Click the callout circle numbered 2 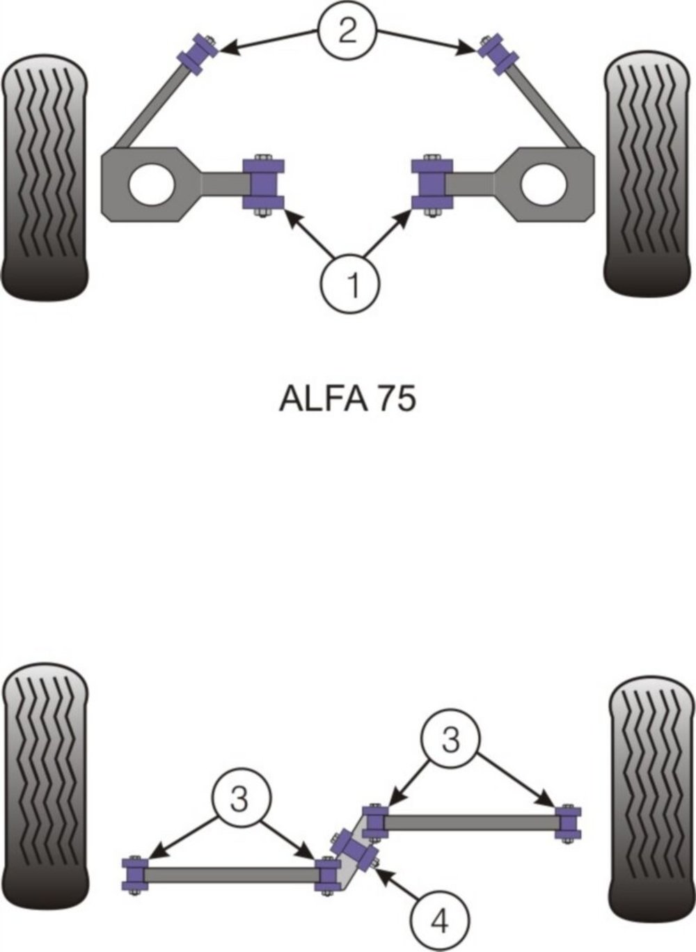[x=347, y=33]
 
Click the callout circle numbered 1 [x=350, y=284]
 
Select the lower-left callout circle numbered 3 [x=241, y=798]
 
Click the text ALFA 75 [x=347, y=399]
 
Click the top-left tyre [x=45, y=177]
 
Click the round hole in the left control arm [x=152, y=184]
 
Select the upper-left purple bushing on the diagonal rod [x=198, y=54]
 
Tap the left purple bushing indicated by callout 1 [x=264, y=184]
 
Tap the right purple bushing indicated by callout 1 [x=432, y=184]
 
